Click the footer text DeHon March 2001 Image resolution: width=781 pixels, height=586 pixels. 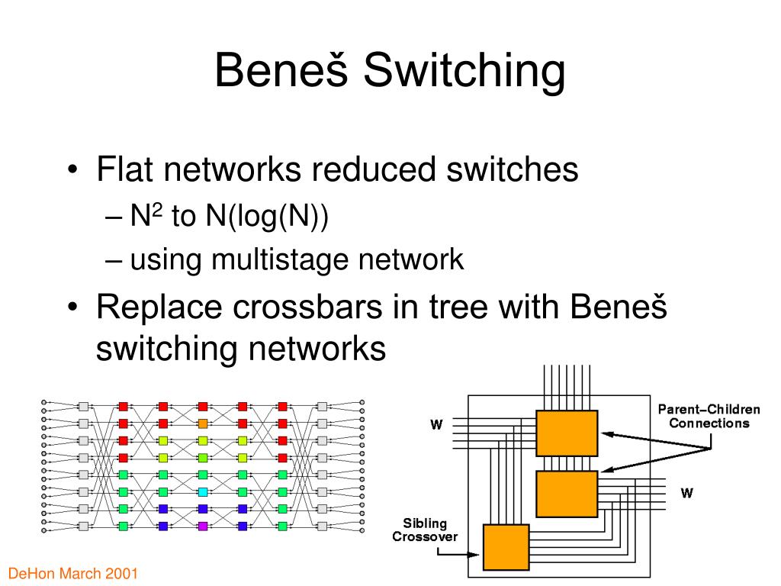(x=73, y=573)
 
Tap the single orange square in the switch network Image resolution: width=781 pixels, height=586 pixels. (x=203, y=423)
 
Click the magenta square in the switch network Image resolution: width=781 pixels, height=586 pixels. (x=203, y=526)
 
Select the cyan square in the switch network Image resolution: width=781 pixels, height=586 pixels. (x=203, y=491)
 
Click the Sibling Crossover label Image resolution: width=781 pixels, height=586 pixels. (x=425, y=530)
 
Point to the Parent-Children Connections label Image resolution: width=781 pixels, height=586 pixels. (x=709, y=416)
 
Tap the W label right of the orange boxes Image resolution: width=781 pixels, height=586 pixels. (x=687, y=493)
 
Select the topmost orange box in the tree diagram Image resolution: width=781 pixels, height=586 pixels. (x=567, y=433)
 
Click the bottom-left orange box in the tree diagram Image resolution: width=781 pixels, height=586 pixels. (x=506, y=547)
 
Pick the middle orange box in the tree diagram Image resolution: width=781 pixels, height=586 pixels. (x=567, y=494)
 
